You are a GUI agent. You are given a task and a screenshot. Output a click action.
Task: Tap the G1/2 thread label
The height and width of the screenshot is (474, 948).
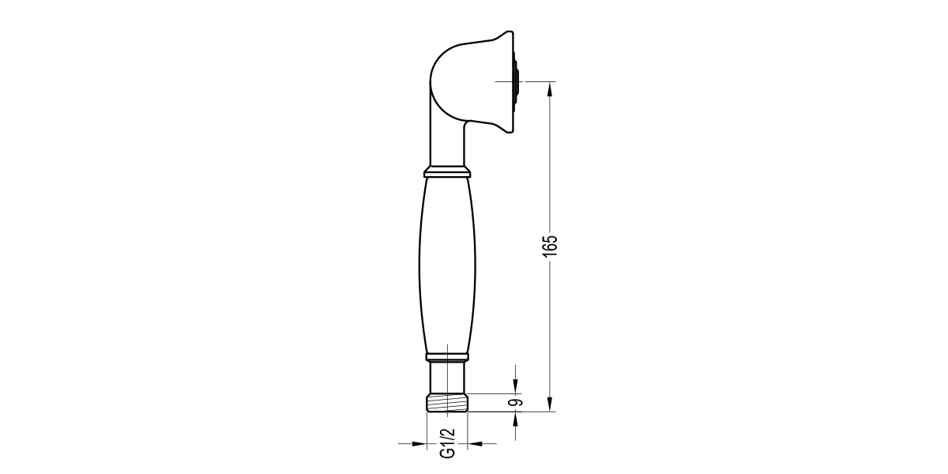click(447, 443)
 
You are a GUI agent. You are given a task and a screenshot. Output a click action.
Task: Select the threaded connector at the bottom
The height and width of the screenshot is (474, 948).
click(447, 404)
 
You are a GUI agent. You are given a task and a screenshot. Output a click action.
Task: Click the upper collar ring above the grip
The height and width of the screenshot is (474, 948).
click(447, 171)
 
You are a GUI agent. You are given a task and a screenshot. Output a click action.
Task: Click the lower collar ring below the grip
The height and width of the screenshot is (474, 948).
click(447, 357)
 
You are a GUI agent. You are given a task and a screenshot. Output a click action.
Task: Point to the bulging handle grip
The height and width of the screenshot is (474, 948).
click(447, 265)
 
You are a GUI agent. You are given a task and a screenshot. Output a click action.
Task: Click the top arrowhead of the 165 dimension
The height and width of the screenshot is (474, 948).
click(549, 88)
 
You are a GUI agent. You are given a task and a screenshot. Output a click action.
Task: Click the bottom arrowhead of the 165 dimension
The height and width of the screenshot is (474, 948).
click(549, 404)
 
